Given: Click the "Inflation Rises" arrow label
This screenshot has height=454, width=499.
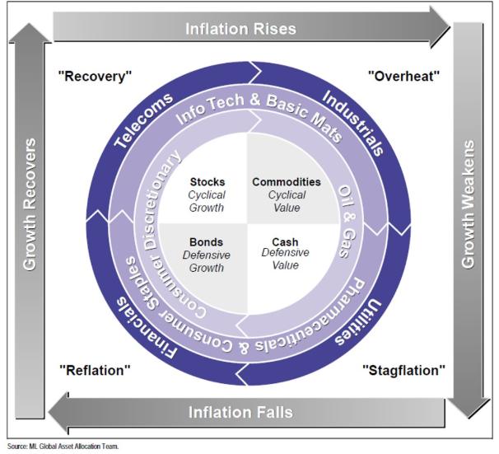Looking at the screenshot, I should pos(240,28).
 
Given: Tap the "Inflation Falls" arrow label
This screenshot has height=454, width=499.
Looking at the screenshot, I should pos(240,411).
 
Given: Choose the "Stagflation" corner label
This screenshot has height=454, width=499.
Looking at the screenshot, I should pos(403,370).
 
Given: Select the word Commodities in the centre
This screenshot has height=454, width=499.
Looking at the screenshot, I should pos(287,181).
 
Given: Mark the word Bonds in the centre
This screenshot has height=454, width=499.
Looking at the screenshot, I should pos(207,243).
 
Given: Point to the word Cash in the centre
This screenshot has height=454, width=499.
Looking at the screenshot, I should pos(286,243).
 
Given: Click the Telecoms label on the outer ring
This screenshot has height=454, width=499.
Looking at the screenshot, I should pos(145,119).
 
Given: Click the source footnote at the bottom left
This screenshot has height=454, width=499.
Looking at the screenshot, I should pos(63,446).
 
